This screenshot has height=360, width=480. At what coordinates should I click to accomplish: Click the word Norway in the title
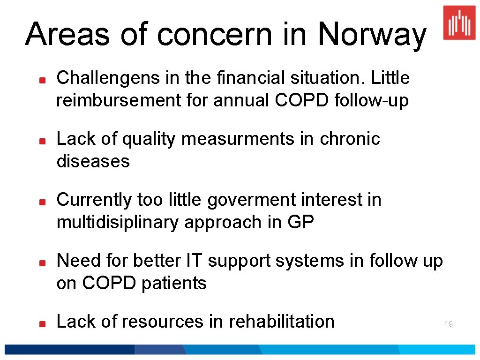[x=372, y=35]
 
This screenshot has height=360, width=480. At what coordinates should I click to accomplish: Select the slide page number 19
[x=449, y=324]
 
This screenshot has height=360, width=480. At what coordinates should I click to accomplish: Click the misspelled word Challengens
[x=108, y=78]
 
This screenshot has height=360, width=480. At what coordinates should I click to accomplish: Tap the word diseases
[x=93, y=161]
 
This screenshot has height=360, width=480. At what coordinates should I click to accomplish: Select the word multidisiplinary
[x=117, y=222]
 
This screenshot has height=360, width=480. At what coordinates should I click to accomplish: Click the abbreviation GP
[x=300, y=222]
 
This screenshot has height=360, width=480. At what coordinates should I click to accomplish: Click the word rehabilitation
[x=281, y=322]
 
